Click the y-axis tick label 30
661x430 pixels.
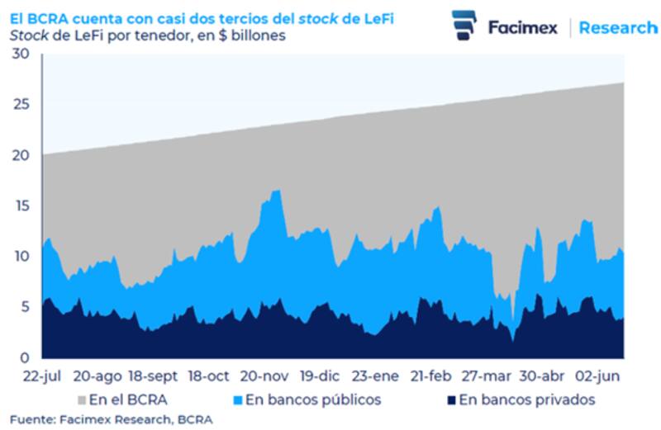pyautogui.click(x=19, y=54)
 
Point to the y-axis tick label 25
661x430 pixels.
pyautogui.click(x=19, y=105)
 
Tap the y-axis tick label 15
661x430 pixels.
pyautogui.click(x=19, y=206)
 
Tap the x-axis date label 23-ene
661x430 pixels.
pyautogui.click(x=375, y=376)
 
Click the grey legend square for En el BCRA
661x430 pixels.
pyautogui.click(x=81, y=400)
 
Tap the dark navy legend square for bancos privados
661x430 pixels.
pyautogui.click(x=450, y=400)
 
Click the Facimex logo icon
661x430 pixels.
pyautogui.click(x=464, y=26)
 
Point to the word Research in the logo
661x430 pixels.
pyautogui.click(x=618, y=27)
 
